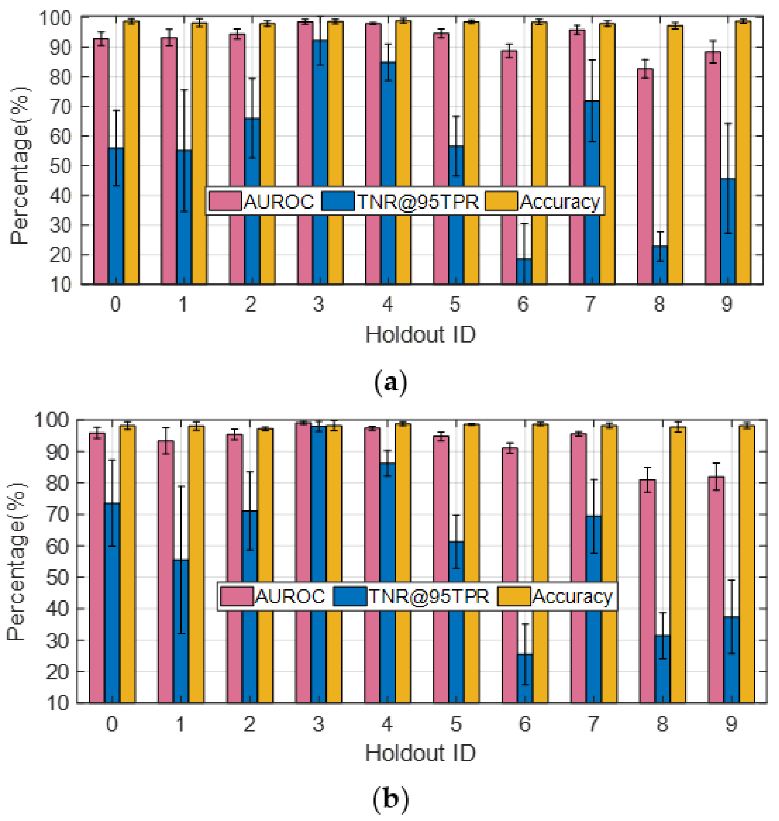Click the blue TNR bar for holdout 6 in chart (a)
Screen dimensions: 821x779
tap(524, 272)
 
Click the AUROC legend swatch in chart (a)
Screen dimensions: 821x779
tap(225, 201)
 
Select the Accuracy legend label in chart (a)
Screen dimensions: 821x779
tap(559, 202)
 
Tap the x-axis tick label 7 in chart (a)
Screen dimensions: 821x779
tap(591, 304)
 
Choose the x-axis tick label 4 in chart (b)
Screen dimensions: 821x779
tap(387, 724)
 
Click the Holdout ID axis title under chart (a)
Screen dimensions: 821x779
tap(420, 335)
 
